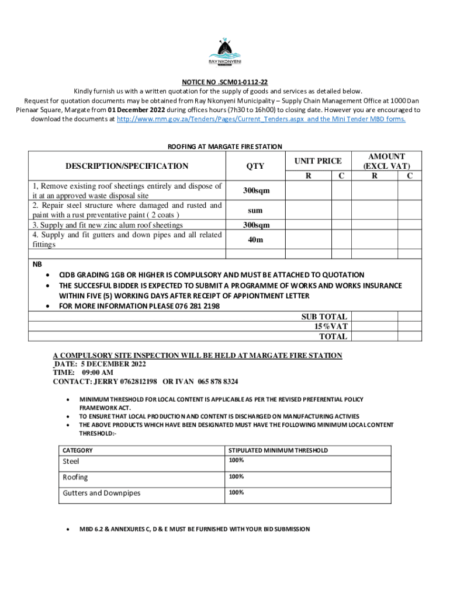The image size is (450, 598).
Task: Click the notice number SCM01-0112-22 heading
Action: point(225,82)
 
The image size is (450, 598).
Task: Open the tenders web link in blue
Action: point(261,119)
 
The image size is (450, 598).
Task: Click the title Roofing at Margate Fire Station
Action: point(225,147)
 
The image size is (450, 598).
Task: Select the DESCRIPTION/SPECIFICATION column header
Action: point(127,166)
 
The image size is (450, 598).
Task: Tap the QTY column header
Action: point(255,166)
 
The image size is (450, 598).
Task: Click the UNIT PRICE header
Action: point(317,161)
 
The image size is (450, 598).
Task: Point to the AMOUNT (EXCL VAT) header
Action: point(386,161)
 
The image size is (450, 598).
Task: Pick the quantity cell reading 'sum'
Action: point(255,210)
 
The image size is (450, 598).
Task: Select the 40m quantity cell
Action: point(255,239)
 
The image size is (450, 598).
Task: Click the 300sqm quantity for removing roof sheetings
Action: point(255,190)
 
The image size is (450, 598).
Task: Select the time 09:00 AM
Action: point(98,373)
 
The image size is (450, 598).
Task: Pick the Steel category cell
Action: point(71,461)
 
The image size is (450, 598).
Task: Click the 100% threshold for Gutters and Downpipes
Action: point(236,492)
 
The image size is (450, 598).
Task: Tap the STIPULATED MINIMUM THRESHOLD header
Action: point(278,450)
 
